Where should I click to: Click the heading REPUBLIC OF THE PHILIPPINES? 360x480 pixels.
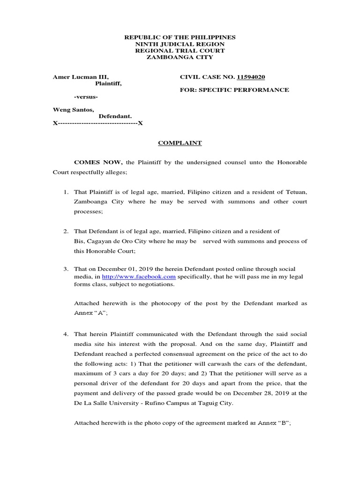coord(180,37)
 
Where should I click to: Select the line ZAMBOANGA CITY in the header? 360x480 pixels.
coord(180,57)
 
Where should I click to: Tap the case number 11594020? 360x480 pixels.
coord(255,76)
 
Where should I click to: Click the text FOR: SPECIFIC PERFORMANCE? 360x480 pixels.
coord(234,90)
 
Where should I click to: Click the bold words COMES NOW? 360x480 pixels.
coord(98,162)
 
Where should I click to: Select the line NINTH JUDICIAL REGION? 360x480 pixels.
coord(180,44)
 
